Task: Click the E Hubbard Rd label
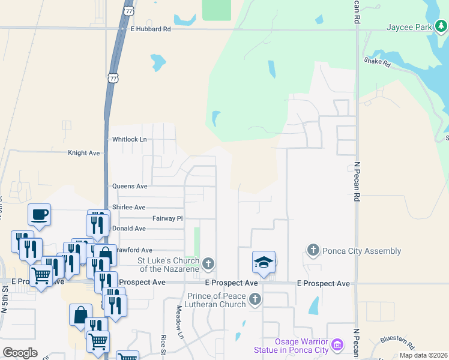(151, 29)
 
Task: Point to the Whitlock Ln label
(130, 139)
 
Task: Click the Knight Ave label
(84, 153)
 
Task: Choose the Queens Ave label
(130, 187)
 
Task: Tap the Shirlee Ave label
(128, 207)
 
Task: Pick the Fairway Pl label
(167, 218)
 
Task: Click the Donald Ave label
(128, 229)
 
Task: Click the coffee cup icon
(40, 214)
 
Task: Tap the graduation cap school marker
(264, 262)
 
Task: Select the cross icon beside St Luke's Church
(208, 263)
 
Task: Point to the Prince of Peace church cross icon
(255, 299)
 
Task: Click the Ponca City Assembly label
(361, 251)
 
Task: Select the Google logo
(20, 353)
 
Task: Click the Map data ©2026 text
(423, 355)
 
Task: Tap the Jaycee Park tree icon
(441, 26)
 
